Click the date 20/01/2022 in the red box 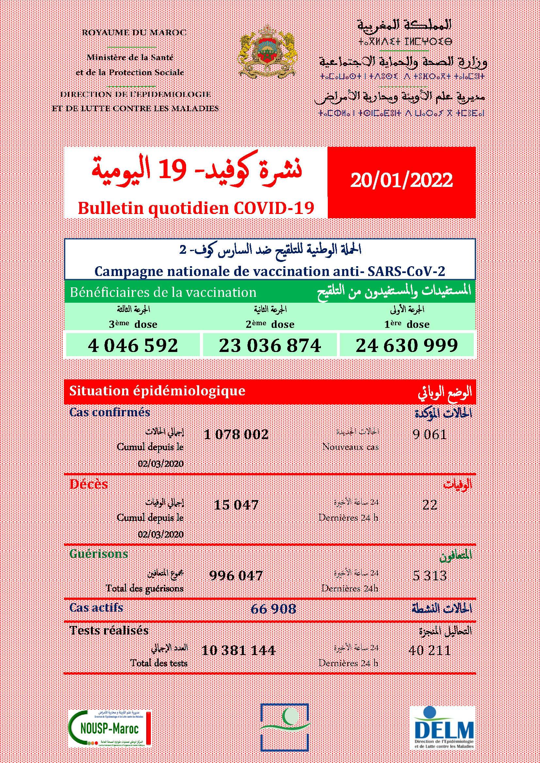(401, 180)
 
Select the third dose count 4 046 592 (133, 345)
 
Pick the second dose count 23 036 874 (270, 345)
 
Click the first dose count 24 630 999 (407, 345)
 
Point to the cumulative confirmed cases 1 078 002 (236, 434)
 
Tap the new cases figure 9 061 (430, 434)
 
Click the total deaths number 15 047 (236, 505)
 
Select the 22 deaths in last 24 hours (430, 505)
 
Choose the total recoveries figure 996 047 (236, 575)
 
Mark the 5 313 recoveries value (430, 575)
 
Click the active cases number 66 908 (273, 609)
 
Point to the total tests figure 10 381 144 (238, 650)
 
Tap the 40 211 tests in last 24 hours (430, 650)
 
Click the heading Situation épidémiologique (157, 391)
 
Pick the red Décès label (89, 484)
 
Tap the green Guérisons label (99, 554)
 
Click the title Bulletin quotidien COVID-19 (196, 208)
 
